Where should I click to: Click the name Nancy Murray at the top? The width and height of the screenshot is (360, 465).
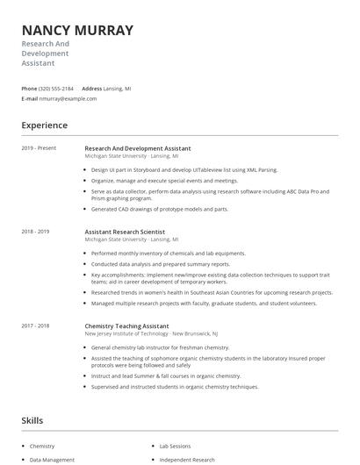[x=77, y=30]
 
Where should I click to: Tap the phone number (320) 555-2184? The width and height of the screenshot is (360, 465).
[x=56, y=89]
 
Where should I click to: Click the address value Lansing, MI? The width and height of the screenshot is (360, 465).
[x=119, y=89]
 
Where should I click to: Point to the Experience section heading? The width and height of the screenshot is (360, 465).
[x=45, y=125]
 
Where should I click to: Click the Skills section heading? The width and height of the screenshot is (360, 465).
[x=32, y=421]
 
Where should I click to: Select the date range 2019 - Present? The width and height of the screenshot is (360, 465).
[x=39, y=148]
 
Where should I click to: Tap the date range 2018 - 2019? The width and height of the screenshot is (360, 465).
[x=36, y=232]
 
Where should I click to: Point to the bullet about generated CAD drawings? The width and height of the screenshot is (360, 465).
[x=159, y=209]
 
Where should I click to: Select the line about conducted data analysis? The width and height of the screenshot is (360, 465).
[x=161, y=263]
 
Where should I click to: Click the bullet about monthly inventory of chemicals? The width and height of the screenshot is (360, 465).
[x=168, y=253]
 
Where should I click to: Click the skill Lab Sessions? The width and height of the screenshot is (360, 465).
[x=176, y=446]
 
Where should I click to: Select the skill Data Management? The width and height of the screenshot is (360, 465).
[x=52, y=460]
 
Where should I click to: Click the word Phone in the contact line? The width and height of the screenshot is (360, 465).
[x=29, y=89]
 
